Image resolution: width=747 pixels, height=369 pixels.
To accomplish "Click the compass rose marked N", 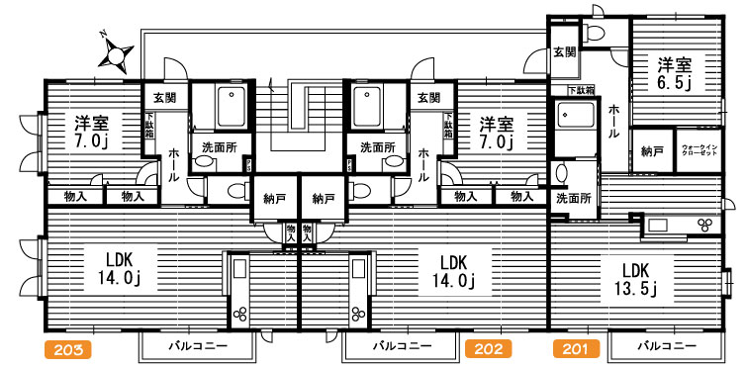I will pyautogui.click(x=117, y=53).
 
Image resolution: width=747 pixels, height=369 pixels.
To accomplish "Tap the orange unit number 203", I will pyautogui.click(x=68, y=348).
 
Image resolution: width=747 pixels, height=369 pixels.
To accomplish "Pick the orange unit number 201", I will pyautogui.click(x=571, y=348).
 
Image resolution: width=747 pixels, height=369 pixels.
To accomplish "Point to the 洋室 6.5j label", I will pyautogui.click(x=677, y=74).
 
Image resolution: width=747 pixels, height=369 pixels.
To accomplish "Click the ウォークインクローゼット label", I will pyautogui.click(x=700, y=151).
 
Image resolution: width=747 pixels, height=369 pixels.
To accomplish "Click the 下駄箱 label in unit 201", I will pyautogui.click(x=581, y=91).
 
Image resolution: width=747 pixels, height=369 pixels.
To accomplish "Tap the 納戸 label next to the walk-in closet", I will pyautogui.click(x=651, y=151).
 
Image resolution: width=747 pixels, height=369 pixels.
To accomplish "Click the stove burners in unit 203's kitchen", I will pyautogui.click(x=239, y=316).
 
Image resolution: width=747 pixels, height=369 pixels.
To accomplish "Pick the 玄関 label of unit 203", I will pyautogui.click(x=164, y=97).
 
